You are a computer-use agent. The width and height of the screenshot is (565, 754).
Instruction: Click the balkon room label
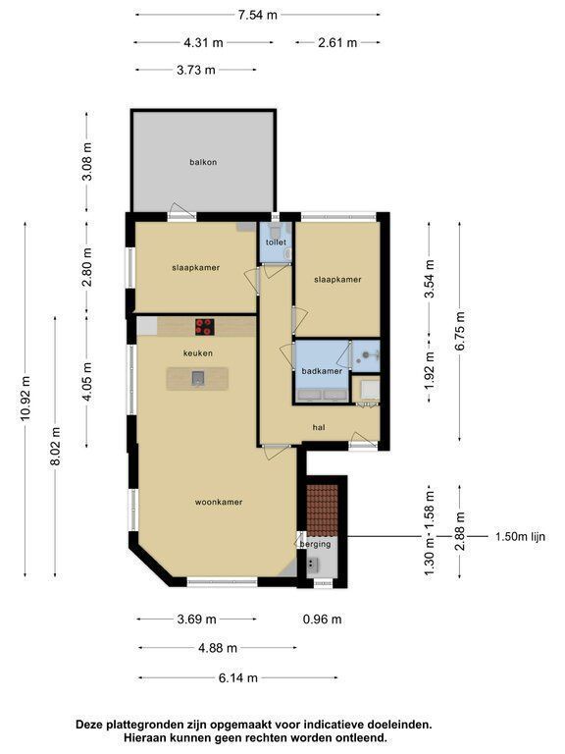coord(203,163)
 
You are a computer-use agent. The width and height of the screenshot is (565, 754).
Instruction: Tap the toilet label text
coord(276,242)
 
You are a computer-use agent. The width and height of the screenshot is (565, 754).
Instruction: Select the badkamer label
coord(322,371)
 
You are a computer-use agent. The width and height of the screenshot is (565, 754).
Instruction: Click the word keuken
coord(198,353)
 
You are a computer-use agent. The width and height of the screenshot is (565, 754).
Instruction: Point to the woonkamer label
coord(219,502)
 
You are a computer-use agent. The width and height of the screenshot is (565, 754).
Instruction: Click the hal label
coord(319,427)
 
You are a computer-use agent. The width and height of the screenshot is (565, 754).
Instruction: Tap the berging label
coord(315,544)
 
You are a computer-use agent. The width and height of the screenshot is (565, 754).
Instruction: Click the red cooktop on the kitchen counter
coord(205,327)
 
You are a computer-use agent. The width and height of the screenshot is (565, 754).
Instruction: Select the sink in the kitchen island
coord(198,378)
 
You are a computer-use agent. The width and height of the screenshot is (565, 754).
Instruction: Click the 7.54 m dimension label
coord(258,15)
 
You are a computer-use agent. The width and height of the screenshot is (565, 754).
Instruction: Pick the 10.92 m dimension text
coord(26,399)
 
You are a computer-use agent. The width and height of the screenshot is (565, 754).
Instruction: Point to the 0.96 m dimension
coord(323,619)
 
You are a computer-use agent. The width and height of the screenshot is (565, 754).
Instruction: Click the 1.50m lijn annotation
coord(520,537)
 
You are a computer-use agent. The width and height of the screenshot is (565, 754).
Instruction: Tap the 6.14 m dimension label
coord(237,678)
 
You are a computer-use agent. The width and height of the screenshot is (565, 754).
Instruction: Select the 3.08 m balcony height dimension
coord(87,162)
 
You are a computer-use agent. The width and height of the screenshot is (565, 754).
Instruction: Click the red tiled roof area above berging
coord(323,511)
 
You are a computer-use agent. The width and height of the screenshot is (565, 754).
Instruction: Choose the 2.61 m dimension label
coord(337,43)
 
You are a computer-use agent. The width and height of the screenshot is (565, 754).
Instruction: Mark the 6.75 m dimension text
coord(460,331)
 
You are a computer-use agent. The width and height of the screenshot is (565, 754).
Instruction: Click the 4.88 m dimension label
coord(218,648)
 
